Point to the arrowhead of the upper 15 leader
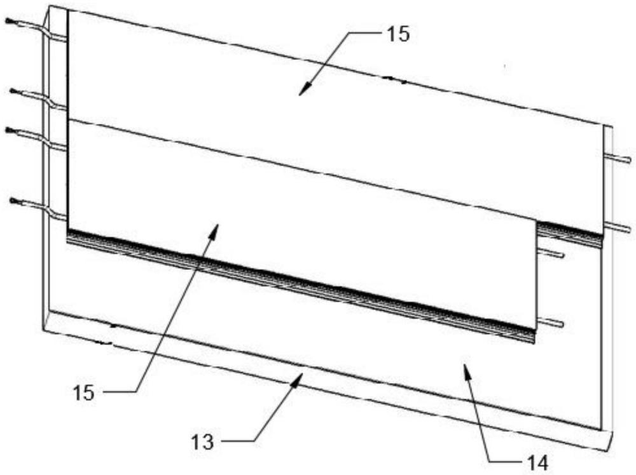[x=301, y=93]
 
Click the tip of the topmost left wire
[x=8, y=21]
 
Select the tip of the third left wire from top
[x=8, y=130]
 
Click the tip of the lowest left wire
[x=13, y=201]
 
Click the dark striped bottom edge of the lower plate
[x=299, y=286]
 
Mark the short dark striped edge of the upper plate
[x=570, y=232]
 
